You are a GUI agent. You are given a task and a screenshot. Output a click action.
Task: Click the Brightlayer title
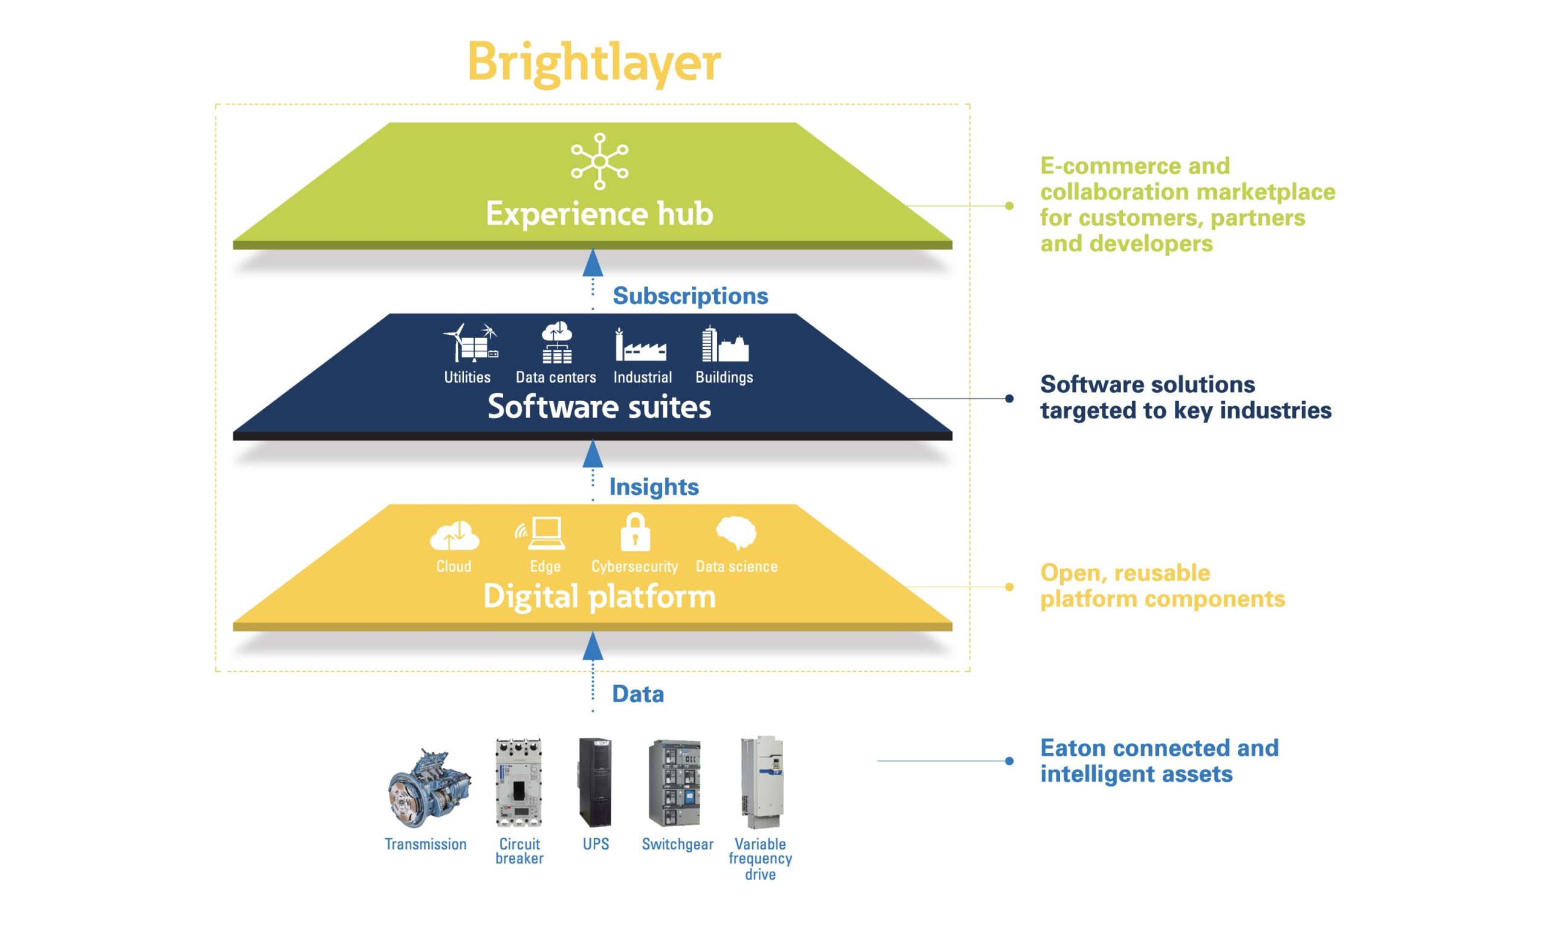click(594, 63)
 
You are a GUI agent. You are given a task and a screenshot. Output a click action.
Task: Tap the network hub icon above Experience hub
click(599, 161)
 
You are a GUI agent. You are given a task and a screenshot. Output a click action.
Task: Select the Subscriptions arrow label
click(690, 296)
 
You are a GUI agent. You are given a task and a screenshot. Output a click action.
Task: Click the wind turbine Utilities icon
click(470, 343)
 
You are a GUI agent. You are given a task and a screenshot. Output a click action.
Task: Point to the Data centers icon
click(556, 342)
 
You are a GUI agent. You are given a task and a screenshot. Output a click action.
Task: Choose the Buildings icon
click(724, 343)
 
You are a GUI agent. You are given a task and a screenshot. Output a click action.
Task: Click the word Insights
click(654, 486)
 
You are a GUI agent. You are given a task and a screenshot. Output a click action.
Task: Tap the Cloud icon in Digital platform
click(455, 536)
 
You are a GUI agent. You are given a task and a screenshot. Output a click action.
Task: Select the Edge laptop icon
click(541, 533)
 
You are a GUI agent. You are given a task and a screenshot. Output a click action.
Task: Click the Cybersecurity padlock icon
click(635, 533)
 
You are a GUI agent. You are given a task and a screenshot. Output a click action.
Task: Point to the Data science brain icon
click(736, 533)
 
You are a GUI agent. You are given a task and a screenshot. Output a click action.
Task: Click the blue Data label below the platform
click(637, 694)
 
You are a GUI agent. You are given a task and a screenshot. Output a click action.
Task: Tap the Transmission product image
click(429, 787)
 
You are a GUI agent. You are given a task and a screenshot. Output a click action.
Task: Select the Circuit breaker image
click(519, 783)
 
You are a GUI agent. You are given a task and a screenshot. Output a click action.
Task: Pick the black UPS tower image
click(595, 782)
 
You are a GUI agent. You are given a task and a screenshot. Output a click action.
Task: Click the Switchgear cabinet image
click(674, 784)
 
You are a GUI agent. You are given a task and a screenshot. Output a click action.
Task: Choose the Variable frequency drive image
click(761, 783)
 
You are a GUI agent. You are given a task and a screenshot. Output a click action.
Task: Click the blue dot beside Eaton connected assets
click(1009, 761)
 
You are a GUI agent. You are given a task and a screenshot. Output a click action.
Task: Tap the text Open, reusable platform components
click(1163, 586)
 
